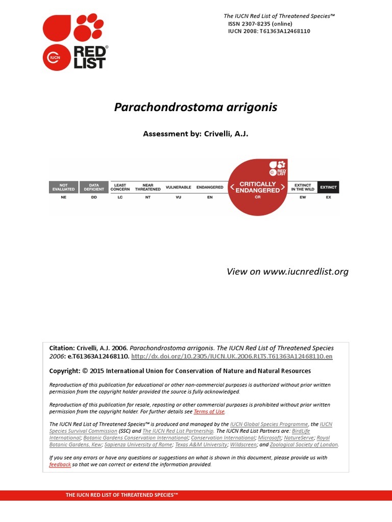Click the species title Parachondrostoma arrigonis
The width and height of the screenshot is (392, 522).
click(195, 107)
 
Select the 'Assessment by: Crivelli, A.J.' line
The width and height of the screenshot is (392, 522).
click(195, 134)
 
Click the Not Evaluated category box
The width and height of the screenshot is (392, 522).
click(63, 187)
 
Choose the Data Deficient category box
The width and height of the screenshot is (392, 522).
click(94, 187)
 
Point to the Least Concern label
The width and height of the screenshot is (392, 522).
click(120, 187)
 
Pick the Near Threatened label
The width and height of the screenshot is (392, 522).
click(148, 187)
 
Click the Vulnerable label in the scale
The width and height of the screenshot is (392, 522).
click(179, 187)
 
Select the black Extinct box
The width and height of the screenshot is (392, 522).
click(328, 187)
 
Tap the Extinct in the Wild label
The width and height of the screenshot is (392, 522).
click(303, 187)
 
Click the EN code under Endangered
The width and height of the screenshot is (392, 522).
click(210, 197)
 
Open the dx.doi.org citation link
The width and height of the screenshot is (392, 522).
click(232, 357)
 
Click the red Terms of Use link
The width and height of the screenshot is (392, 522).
click(209, 411)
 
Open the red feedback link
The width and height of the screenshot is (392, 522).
click(60, 464)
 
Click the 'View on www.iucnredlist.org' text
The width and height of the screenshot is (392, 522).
click(287, 271)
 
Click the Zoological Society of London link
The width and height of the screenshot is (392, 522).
click(304, 445)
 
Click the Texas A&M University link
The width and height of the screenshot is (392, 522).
click(201, 445)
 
